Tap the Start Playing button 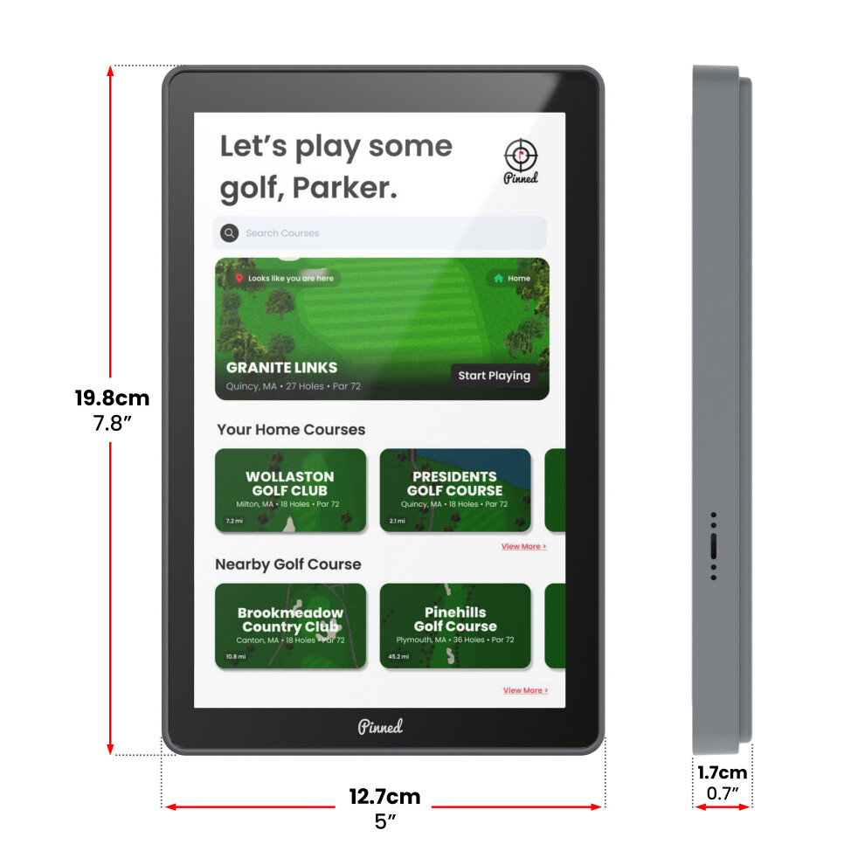(495, 376)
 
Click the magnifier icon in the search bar (230, 232)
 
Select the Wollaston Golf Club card (290, 490)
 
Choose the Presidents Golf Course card (455, 490)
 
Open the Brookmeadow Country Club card (290, 626)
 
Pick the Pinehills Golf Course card (455, 626)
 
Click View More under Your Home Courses (523, 546)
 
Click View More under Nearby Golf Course (525, 690)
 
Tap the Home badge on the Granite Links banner (512, 279)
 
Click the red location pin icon (239, 278)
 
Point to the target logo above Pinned (521, 155)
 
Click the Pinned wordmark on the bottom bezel (380, 727)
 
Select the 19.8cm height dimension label (112, 398)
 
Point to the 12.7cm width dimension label (384, 797)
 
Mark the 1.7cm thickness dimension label (722, 772)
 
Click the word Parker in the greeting (344, 188)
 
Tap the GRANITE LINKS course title (281, 367)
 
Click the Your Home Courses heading (291, 430)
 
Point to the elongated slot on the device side (714, 546)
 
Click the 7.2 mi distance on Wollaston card (234, 521)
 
